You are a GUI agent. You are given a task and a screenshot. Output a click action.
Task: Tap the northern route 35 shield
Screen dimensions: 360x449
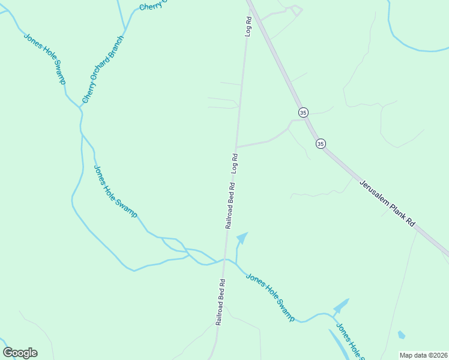[303, 112]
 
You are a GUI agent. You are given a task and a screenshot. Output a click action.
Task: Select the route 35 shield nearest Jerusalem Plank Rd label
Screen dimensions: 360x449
[321, 143]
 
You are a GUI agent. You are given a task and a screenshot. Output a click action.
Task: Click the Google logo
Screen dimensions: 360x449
[20, 353]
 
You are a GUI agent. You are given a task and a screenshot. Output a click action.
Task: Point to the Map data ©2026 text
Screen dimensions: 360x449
[423, 355]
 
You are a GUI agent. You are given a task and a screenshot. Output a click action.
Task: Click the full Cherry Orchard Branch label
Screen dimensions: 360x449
[103, 70]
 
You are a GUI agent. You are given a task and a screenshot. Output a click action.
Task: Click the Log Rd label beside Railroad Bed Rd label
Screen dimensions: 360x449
[235, 163]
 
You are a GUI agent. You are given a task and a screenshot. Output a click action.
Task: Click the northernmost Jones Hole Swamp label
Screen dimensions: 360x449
[44, 58]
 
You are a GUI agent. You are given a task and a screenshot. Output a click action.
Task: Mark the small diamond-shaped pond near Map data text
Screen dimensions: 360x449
[401, 335]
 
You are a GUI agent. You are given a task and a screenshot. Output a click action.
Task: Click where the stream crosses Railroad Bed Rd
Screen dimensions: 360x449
[225, 260]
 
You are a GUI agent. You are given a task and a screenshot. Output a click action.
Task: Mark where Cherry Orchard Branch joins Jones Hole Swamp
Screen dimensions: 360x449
[80, 108]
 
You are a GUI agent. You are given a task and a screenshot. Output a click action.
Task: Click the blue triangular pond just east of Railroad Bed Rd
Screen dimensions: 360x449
[242, 239]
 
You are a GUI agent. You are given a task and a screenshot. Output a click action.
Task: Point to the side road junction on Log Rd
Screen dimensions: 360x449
[236, 146]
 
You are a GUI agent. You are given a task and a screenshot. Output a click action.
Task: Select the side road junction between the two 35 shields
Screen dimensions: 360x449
[307, 119]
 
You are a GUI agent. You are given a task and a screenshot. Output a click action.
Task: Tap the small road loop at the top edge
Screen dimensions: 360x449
[295, 10]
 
